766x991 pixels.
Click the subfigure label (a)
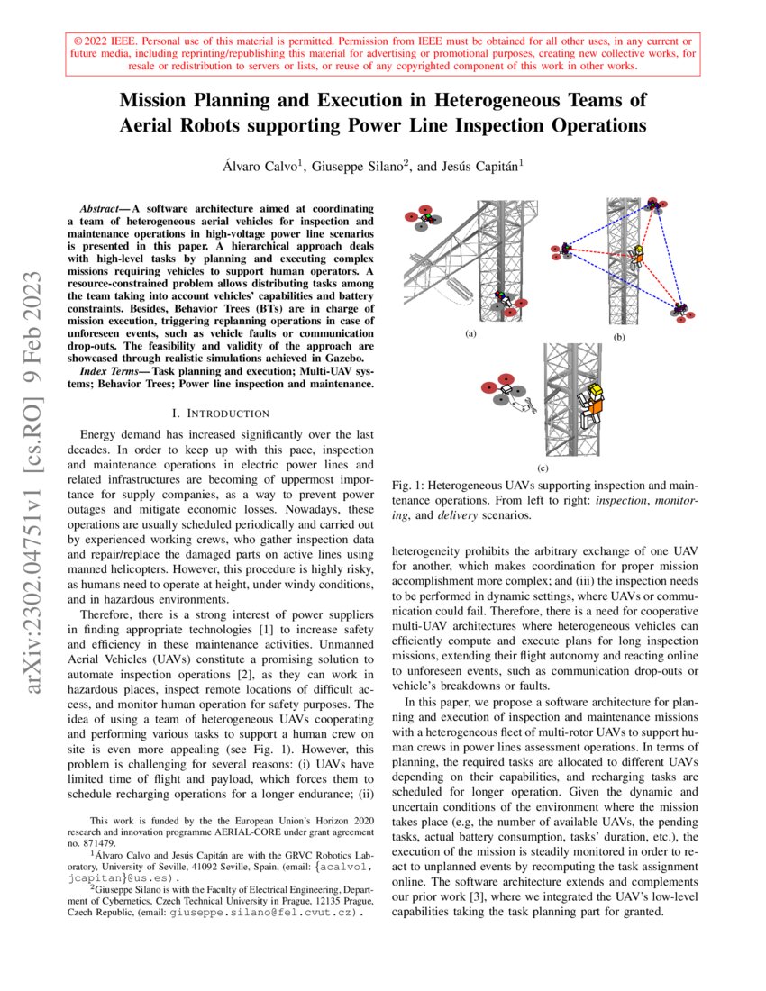pos(470,333)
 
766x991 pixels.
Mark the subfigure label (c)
pos(543,468)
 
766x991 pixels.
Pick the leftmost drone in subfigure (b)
pos(565,249)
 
